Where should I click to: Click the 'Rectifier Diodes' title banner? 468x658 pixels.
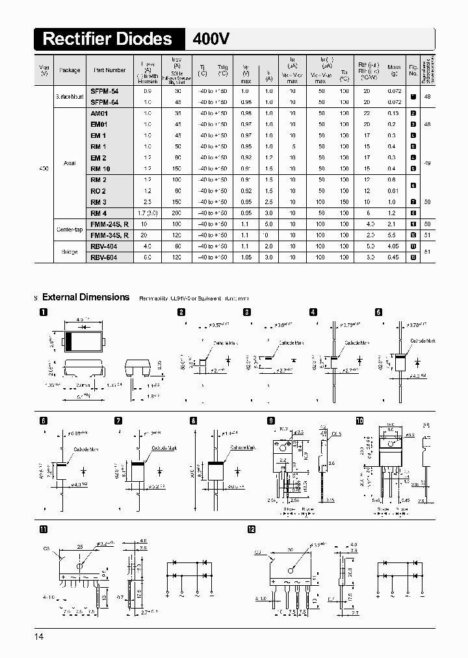pyautogui.click(x=108, y=39)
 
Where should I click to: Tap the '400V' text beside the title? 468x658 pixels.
pyautogui.click(x=211, y=39)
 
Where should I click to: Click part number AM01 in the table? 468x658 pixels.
pyautogui.click(x=99, y=113)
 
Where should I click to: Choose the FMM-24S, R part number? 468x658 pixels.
pyautogui.click(x=110, y=224)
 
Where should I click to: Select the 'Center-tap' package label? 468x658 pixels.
pyautogui.click(x=70, y=230)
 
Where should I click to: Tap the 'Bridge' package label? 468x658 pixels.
pyautogui.click(x=70, y=252)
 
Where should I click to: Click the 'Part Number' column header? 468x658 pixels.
pyautogui.click(x=110, y=70)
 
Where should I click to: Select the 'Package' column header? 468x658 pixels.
pyautogui.click(x=70, y=70)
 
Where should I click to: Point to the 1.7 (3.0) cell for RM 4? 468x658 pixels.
pyautogui.click(x=148, y=213)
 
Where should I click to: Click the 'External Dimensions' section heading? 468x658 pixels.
pyautogui.click(x=86, y=297)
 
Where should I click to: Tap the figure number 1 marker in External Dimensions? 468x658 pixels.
pyautogui.click(x=44, y=312)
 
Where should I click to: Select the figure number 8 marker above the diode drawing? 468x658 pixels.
pyautogui.click(x=193, y=421)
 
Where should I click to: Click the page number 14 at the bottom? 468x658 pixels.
pyautogui.click(x=39, y=637)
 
